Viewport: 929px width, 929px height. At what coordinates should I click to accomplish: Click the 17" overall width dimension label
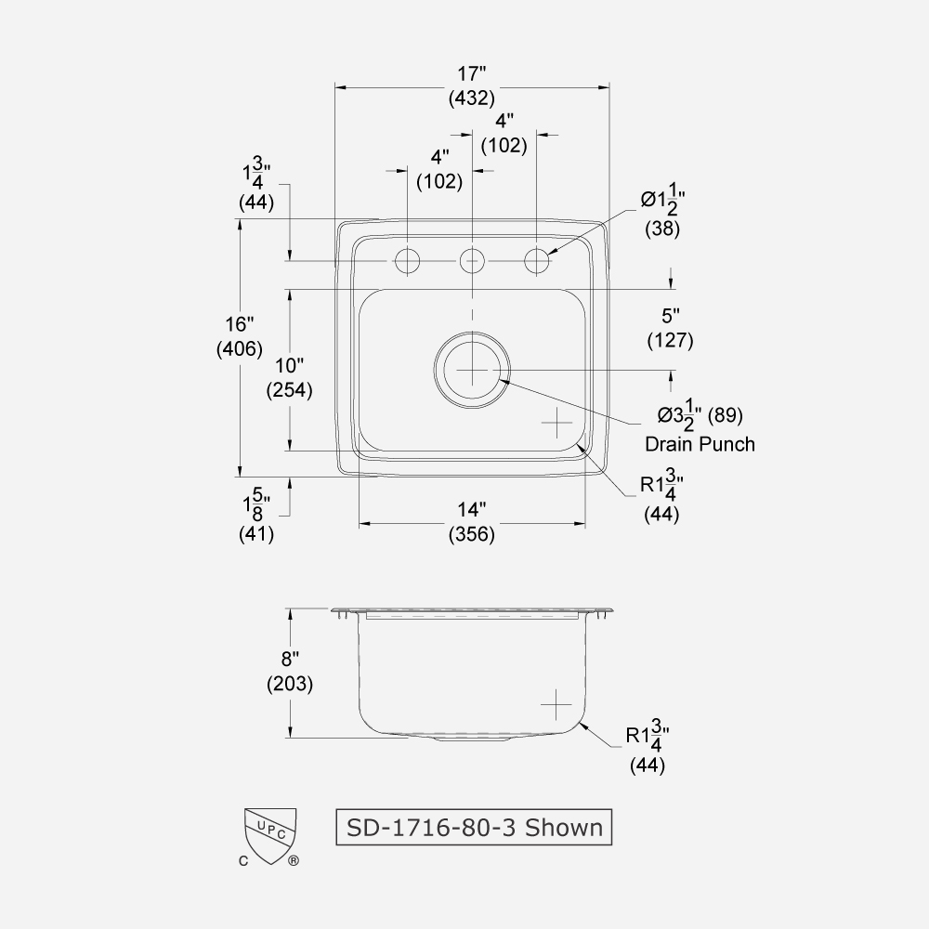pos(471,72)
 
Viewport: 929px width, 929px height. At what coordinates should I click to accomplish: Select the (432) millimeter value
pos(471,97)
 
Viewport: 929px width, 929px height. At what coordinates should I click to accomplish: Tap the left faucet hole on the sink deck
pos(407,262)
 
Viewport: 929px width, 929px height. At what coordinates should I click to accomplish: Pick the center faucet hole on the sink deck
pos(473,262)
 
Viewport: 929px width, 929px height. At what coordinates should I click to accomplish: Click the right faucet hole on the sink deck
pos(537,262)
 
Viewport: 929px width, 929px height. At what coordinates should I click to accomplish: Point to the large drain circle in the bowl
pos(473,369)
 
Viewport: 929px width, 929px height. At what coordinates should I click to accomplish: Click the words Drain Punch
pos(700,444)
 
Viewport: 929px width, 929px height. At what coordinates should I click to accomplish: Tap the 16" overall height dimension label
pos(240,325)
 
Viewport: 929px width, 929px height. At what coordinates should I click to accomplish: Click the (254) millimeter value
pos(289,390)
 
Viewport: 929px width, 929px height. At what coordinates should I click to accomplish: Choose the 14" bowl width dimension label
pos(471,510)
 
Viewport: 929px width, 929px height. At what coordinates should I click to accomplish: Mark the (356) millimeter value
pos(471,534)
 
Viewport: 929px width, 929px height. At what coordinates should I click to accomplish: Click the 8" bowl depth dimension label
pos(289,660)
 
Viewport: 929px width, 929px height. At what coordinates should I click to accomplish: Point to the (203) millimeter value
pos(289,684)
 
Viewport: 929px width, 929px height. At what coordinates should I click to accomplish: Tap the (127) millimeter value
pos(670,340)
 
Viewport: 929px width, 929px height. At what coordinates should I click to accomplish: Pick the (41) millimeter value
pos(257,534)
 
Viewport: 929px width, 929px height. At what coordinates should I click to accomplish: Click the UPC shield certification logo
pos(269,834)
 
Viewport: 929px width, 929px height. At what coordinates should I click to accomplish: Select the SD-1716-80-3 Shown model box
pos(474,826)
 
